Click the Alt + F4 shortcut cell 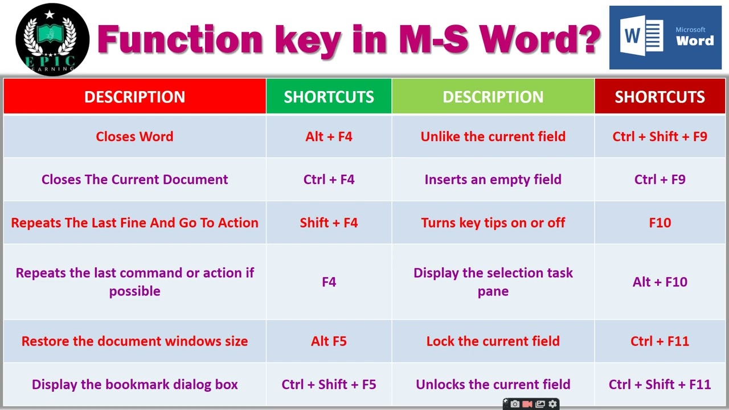pyautogui.click(x=329, y=137)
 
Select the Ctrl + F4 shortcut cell pyautogui.click(x=329, y=179)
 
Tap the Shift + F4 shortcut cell pyautogui.click(x=329, y=223)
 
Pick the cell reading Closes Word pyautogui.click(x=134, y=137)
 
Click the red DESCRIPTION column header pyautogui.click(x=134, y=97)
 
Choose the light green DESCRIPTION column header pyautogui.click(x=493, y=97)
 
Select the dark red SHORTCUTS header pyautogui.click(x=660, y=97)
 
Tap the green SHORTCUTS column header pyautogui.click(x=329, y=97)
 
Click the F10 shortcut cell pyautogui.click(x=660, y=223)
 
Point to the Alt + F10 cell pyautogui.click(x=660, y=282)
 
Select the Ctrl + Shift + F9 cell pyautogui.click(x=660, y=137)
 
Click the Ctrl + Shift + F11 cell pyautogui.click(x=660, y=384)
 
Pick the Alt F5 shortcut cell pyautogui.click(x=329, y=341)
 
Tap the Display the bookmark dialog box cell pyautogui.click(x=134, y=384)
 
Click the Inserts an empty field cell pyautogui.click(x=493, y=179)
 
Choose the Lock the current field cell pyautogui.click(x=493, y=341)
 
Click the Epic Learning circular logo pyautogui.click(x=52, y=39)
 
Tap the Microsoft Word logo pyautogui.click(x=665, y=38)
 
